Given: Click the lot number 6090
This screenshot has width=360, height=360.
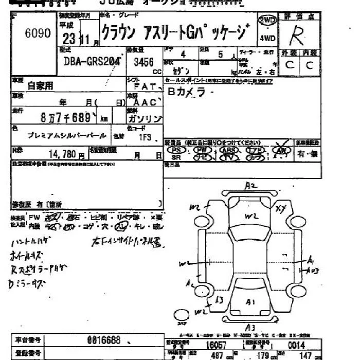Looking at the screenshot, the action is pyautogui.click(x=38, y=33).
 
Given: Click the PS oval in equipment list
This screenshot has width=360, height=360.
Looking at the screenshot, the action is pyautogui.click(x=176, y=149).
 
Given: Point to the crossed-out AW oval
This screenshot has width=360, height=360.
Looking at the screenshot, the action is pyautogui.click(x=281, y=149).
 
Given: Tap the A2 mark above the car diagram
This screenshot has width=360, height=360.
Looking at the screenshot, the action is pyautogui.click(x=250, y=186).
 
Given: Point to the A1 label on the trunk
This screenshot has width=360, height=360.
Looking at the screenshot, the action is pyautogui.click(x=250, y=302).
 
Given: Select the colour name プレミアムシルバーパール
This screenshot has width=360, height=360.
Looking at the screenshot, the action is pyautogui.click(x=67, y=136).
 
